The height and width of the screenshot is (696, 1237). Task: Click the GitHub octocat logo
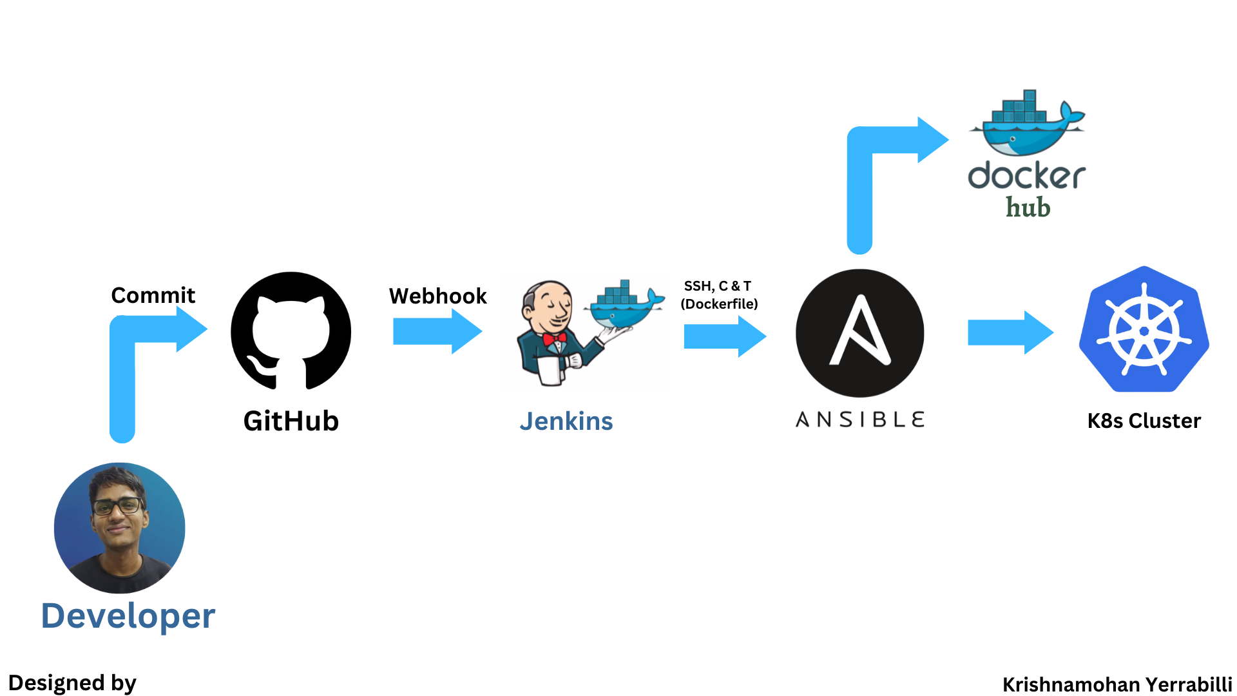coord(291,331)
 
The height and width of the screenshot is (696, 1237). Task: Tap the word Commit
coord(153,295)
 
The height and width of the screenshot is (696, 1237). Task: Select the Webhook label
coord(437,296)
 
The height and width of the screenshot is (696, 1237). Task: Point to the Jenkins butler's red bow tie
coord(553,339)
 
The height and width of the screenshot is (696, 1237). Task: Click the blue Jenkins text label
coord(566,421)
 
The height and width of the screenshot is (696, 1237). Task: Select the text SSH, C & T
coord(717,286)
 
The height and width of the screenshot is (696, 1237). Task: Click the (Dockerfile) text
coord(719,304)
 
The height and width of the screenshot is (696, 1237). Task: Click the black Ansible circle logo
coord(859,333)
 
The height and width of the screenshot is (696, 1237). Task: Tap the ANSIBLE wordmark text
coord(860,420)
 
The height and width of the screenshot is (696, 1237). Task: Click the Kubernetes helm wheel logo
coord(1144,330)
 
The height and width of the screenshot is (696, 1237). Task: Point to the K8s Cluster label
coord(1144,421)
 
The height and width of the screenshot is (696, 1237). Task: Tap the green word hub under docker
coord(1028,208)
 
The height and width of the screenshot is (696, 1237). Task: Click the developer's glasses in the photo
coord(117,506)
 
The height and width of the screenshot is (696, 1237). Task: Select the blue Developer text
coord(128,616)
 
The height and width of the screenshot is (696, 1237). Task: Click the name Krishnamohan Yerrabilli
coord(1117,684)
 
